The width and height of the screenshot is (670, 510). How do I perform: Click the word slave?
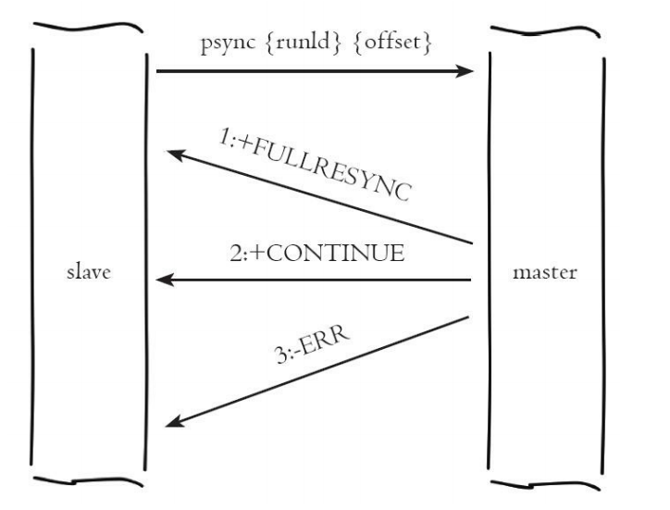(88, 275)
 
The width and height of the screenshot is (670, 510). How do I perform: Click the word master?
(545, 275)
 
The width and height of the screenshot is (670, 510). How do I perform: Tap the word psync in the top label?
(224, 44)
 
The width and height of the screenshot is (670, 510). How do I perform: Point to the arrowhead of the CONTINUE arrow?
(163, 280)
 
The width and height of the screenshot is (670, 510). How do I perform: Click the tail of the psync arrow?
(158, 69)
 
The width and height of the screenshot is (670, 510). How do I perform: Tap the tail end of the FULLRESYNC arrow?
(473, 244)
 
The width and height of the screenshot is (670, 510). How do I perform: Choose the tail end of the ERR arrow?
(470, 317)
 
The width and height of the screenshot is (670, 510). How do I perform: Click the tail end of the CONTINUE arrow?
(472, 280)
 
